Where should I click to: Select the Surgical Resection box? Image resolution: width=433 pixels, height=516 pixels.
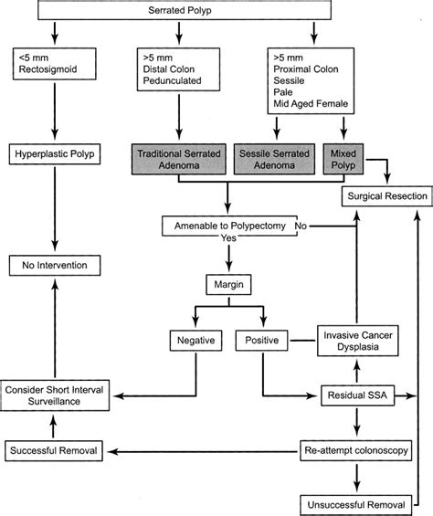(381, 195)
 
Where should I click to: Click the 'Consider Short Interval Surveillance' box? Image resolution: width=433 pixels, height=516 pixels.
(54, 395)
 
